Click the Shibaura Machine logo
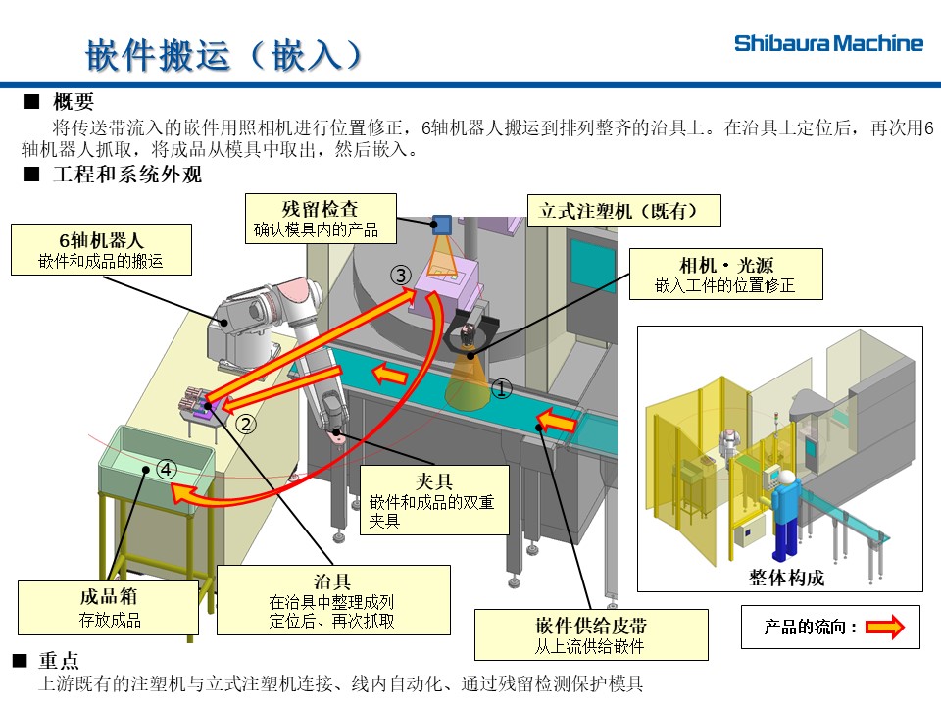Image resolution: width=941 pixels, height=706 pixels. tap(828, 43)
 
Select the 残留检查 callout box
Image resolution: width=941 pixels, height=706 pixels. tap(320, 218)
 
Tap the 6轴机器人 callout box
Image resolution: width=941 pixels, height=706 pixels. tap(101, 249)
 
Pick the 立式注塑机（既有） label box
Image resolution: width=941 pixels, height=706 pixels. tap(624, 210)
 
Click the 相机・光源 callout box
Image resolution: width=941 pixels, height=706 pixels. tap(724, 274)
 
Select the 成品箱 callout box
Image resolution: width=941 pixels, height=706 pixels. tap(109, 608)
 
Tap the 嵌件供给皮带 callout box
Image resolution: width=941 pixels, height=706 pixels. tap(591, 634)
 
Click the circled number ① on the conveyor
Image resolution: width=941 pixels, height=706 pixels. tap(501, 390)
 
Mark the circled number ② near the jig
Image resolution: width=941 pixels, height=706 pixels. tap(247, 424)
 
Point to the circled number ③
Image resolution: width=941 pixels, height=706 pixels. tap(400, 276)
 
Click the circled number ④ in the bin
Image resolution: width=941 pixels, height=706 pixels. tap(167, 470)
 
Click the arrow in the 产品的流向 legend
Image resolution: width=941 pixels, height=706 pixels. tap(884, 628)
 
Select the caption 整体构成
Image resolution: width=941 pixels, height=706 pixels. tap(785, 578)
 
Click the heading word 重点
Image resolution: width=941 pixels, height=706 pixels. tap(59, 661)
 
